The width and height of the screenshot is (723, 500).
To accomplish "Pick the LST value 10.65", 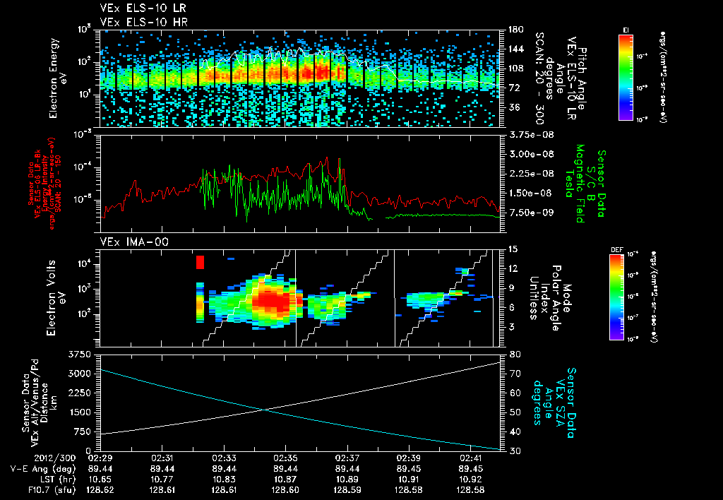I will (x=101, y=479).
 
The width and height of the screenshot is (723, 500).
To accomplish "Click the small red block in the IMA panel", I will (x=200, y=263).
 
